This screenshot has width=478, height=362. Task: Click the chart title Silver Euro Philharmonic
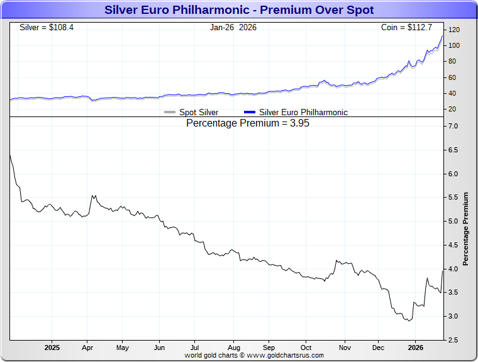coord(238,10)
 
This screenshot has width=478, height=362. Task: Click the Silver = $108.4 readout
coord(47,28)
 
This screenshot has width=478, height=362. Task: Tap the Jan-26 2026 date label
coord(233,28)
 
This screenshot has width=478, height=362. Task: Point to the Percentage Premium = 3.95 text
coord(248,123)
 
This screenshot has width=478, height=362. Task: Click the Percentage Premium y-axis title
coord(466,229)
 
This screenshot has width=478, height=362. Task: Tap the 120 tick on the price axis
coord(453,30)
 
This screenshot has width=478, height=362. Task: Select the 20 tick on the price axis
coord(452,110)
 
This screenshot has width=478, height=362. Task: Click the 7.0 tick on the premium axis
coord(453,127)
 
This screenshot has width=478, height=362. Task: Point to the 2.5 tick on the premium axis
coord(453,340)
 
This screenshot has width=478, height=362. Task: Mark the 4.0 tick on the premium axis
coord(453,269)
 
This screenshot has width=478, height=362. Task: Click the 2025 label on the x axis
coord(52,348)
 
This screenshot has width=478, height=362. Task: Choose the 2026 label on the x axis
coord(415,348)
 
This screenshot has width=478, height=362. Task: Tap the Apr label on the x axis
coord(87,348)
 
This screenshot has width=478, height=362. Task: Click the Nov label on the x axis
coord(345,348)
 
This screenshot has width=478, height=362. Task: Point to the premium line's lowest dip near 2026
coord(408,321)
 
